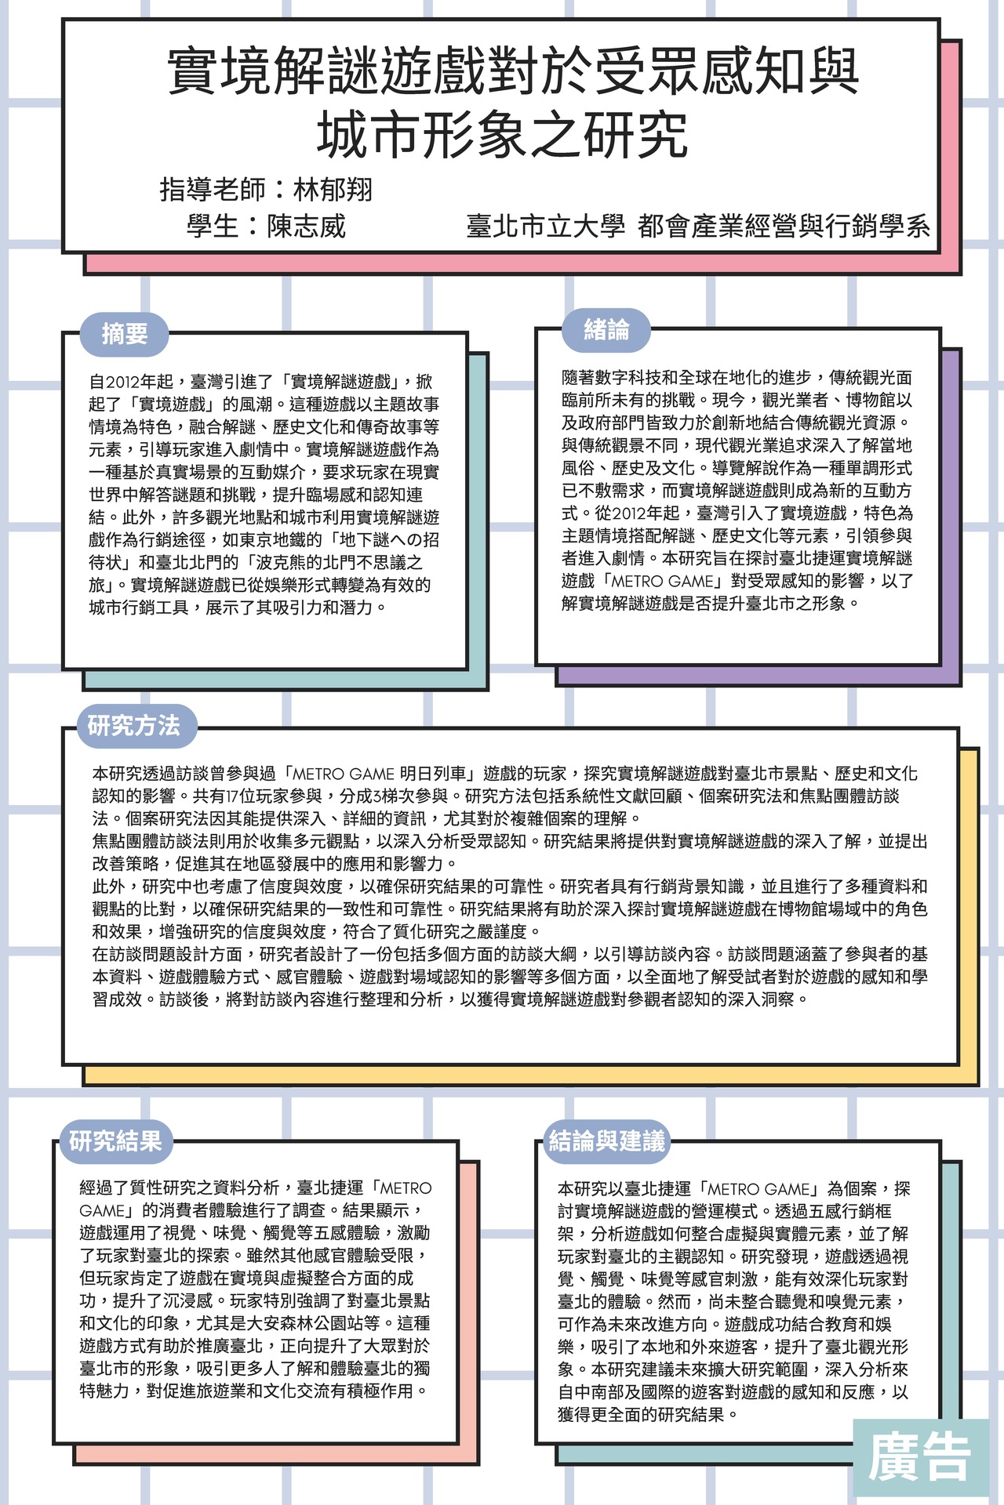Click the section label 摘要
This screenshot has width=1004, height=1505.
(x=125, y=334)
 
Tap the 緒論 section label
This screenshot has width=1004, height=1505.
(x=606, y=330)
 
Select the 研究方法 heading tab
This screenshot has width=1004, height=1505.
(x=134, y=726)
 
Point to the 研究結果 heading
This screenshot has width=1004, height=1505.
(x=115, y=1141)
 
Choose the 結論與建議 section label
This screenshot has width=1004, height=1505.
(x=607, y=1141)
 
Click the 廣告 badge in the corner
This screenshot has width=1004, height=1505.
(x=919, y=1457)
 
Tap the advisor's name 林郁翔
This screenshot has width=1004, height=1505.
(x=333, y=190)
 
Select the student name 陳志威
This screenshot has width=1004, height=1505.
(x=307, y=227)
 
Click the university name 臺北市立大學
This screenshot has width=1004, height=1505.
(x=546, y=227)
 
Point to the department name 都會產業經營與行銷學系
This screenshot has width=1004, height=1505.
(x=784, y=227)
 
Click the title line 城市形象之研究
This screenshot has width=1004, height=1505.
(x=503, y=134)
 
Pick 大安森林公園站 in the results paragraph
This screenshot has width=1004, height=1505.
(x=338, y=1323)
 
